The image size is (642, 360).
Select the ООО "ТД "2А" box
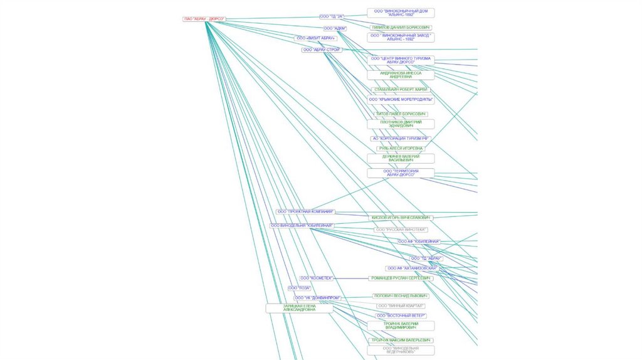pos(332,16)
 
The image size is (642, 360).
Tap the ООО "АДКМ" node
pos(335,28)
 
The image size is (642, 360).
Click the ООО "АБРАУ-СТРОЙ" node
pos(322,50)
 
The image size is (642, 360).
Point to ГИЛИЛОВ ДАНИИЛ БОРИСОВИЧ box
pos(401,28)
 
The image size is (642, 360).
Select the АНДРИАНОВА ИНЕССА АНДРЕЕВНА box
pos(401,75)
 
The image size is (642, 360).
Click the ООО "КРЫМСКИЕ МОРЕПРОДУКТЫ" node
pos(401,99)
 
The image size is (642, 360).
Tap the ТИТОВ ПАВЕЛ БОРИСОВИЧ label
pos(401,114)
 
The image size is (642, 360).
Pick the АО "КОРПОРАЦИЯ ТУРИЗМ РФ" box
pos(401,138)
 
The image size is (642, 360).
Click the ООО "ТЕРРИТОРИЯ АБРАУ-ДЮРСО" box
pos(401,173)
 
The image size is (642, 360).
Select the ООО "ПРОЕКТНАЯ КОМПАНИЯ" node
pos(306,212)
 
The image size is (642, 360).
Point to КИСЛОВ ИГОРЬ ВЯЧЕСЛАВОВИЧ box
pos(401,218)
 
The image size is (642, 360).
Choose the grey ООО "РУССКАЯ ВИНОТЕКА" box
pos(401,230)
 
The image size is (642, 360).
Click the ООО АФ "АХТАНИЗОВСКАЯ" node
pos(412,268)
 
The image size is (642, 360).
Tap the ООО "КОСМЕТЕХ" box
pos(315,278)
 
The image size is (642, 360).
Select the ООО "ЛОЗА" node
pos(300,288)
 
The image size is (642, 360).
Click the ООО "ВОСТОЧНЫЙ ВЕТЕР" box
pos(401,315)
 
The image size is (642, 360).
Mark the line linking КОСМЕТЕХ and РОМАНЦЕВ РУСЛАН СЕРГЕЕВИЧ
pos(351,278)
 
